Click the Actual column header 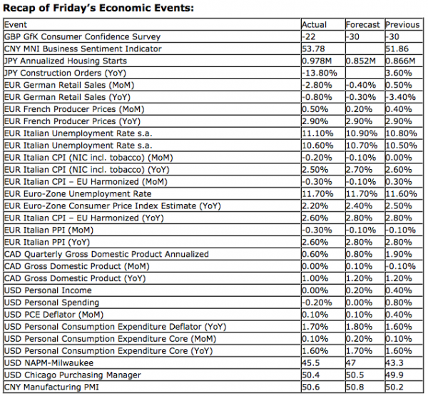(315, 24)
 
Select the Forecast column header (364, 24)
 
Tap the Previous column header (402, 24)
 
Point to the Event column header (15, 24)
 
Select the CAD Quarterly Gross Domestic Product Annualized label (106, 254)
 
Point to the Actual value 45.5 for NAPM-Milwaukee (310, 363)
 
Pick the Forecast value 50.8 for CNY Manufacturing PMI (355, 387)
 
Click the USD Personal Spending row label (54, 303)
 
